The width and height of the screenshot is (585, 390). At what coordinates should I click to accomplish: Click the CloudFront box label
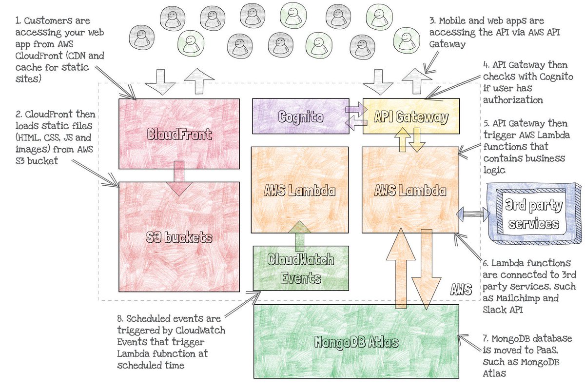pos(179,134)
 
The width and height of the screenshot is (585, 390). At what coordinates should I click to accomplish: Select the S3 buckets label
pos(179,237)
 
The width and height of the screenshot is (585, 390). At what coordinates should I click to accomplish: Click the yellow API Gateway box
pos(411,116)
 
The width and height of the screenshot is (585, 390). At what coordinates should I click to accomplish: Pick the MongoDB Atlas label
pos(356,342)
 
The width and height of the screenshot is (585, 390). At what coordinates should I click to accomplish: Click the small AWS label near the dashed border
pos(461,290)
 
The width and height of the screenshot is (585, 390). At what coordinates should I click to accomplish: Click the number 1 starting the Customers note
pos(18,21)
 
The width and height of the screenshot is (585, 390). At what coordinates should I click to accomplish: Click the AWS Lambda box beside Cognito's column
pos(300,190)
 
